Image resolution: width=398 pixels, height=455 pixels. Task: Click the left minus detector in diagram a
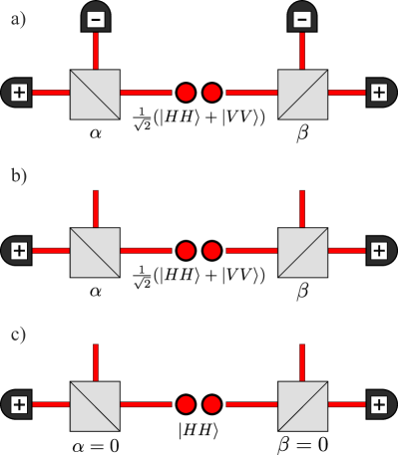(x=95, y=17)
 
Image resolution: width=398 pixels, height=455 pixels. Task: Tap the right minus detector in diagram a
(x=302, y=17)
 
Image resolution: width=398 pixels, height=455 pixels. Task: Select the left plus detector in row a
(x=18, y=94)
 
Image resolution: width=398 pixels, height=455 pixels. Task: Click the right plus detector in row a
(x=378, y=94)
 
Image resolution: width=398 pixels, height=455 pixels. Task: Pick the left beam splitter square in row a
(x=95, y=94)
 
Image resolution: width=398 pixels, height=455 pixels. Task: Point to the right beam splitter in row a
(x=302, y=94)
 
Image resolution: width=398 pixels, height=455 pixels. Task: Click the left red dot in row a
(x=186, y=94)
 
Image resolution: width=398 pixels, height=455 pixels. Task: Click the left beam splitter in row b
(x=95, y=251)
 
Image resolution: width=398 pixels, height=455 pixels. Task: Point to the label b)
(x=18, y=176)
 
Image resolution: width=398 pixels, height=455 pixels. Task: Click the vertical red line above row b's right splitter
(x=302, y=207)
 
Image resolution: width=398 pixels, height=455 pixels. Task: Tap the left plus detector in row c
(x=18, y=404)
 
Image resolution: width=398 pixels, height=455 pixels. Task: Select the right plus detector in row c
(x=378, y=404)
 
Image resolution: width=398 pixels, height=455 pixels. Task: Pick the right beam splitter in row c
(x=302, y=405)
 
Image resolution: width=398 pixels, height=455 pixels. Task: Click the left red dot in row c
(x=186, y=404)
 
